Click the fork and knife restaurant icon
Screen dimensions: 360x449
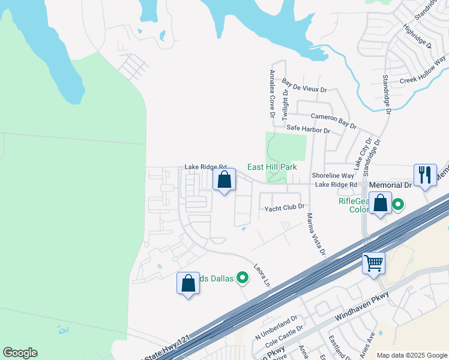point(425,175)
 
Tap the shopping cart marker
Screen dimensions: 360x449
point(373,263)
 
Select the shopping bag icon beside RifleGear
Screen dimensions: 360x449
point(380,203)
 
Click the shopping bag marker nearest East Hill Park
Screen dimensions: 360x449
point(224,179)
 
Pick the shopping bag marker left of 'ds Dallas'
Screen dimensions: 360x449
point(188,283)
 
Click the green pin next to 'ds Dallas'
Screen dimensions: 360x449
point(243,277)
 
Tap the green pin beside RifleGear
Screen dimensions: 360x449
point(397,206)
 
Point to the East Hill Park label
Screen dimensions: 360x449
point(272,167)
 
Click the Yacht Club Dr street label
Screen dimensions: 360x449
point(285,208)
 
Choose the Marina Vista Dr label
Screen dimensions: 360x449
point(316,234)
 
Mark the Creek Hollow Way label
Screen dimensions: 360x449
point(423,70)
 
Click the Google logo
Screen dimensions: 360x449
point(20,353)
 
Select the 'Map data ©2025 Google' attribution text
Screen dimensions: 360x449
point(411,355)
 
